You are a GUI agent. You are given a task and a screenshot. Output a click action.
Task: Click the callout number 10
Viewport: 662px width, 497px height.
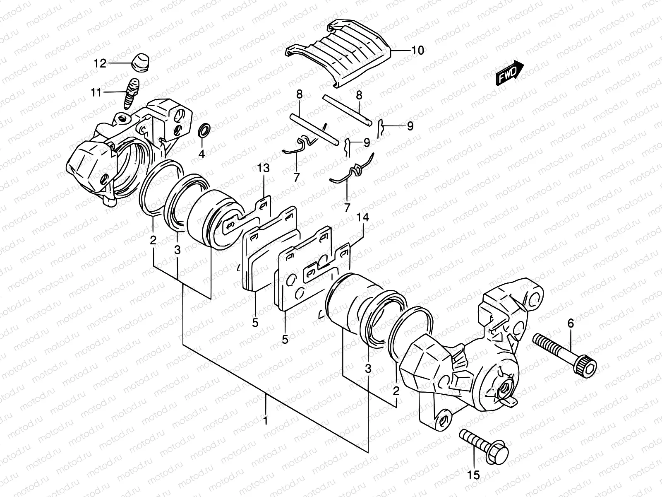tap(418, 51)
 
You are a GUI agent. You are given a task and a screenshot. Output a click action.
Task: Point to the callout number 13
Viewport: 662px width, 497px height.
tap(263, 168)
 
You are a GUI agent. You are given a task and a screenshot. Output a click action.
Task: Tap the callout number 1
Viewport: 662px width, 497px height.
tap(265, 422)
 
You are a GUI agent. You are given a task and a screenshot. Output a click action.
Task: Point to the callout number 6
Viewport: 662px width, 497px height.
tap(571, 324)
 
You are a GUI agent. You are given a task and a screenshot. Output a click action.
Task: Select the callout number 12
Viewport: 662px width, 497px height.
tap(100, 63)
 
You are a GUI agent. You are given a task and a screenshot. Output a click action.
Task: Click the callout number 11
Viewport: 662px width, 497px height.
tap(96, 92)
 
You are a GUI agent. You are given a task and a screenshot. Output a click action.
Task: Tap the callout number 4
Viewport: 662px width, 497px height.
tap(201, 154)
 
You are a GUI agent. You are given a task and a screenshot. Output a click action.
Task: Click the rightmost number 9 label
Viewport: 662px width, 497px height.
tap(410, 126)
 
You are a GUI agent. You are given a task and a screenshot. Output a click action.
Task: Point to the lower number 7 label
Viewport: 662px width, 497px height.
tap(347, 207)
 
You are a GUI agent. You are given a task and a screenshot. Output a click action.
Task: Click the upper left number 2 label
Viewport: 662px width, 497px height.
tap(153, 240)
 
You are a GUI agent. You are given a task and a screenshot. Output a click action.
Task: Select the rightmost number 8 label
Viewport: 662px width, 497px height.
tap(359, 95)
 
